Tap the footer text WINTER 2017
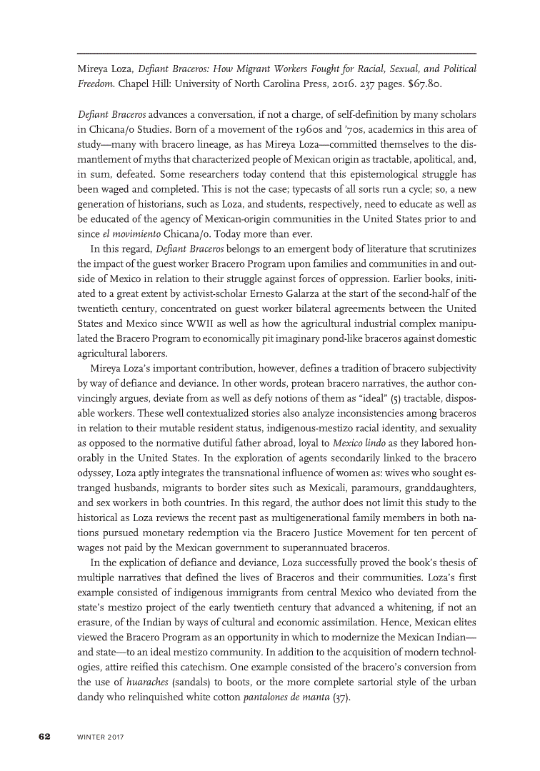pos(101,737)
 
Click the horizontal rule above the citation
pos(276,54)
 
